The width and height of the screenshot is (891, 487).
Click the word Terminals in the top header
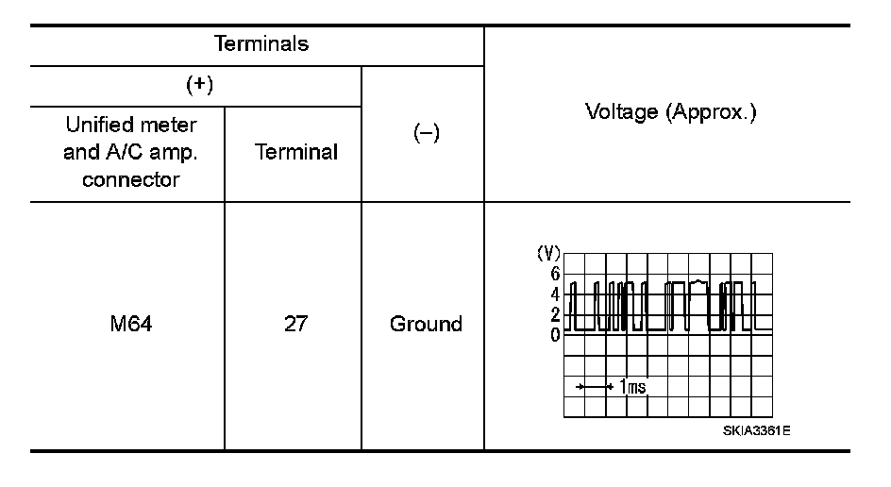(261, 44)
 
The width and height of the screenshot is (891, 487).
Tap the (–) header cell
(424, 135)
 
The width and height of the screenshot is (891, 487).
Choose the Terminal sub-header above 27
(295, 152)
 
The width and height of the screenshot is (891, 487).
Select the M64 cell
(129, 325)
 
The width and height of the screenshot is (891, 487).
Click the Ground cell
(426, 325)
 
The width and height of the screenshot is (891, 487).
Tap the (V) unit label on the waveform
(548, 254)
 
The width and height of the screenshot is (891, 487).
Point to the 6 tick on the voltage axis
(556, 274)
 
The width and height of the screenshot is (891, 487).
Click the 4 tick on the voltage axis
(556, 294)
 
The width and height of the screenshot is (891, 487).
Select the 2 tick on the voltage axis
(556, 314)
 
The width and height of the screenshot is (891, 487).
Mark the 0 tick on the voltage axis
(556, 334)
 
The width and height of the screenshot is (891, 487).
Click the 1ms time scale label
(632, 386)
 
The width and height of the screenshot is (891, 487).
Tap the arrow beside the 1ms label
(596, 387)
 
